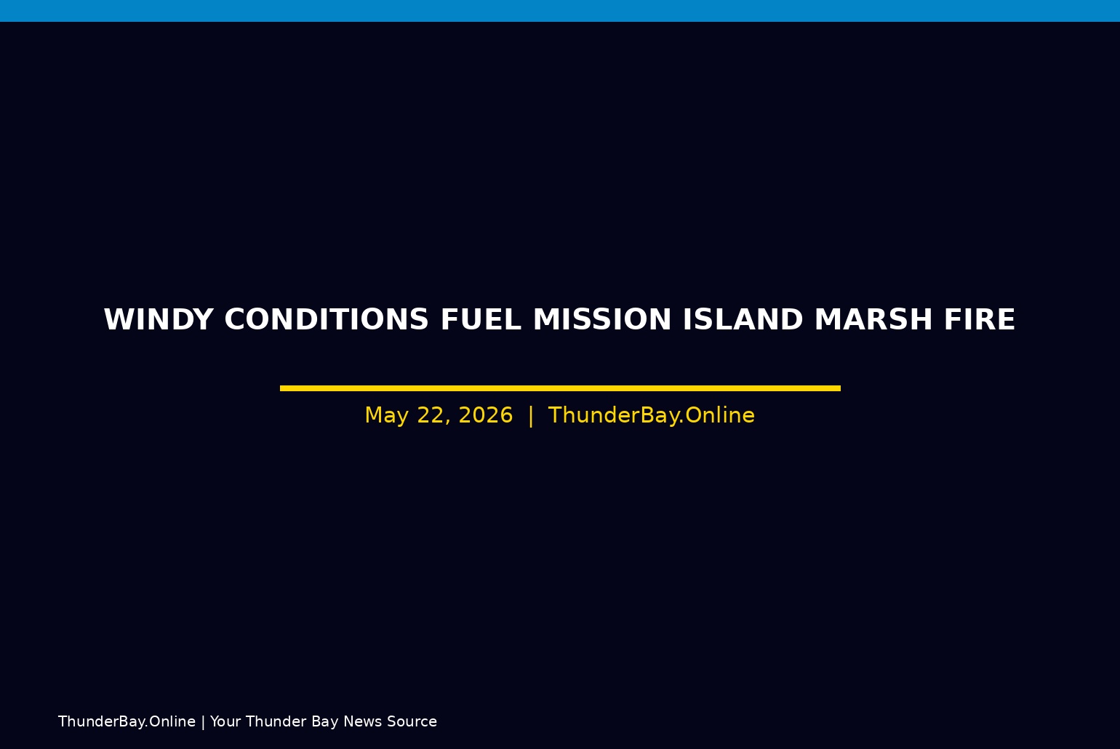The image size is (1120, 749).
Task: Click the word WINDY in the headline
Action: pos(159,319)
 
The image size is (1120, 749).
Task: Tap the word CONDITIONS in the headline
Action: pos(327,319)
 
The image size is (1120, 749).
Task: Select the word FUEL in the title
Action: pos(481,319)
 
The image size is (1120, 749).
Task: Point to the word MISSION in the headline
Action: pos(602,319)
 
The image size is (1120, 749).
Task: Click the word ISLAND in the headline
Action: pos(743,319)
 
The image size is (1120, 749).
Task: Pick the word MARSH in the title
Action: pos(873,319)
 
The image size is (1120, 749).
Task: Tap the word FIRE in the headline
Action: pos(980,319)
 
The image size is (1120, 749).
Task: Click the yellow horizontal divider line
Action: pos(560,388)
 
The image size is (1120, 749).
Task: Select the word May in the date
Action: pos(386,415)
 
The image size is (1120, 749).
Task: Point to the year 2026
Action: pos(486,415)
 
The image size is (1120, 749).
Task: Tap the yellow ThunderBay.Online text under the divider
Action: pos(652,415)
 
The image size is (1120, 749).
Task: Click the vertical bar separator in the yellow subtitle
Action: pos(531,416)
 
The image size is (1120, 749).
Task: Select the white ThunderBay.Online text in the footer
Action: pos(127,721)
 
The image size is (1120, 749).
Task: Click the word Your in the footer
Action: pos(225,721)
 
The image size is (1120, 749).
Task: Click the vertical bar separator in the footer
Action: pos(203,722)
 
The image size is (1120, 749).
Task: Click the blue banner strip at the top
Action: pos(560,10)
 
